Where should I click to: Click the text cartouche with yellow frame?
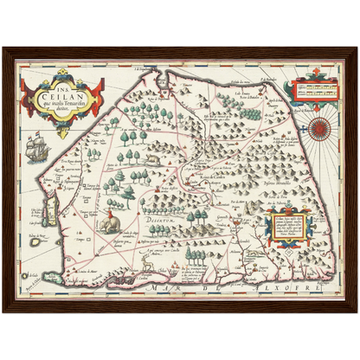tap(284, 225)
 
